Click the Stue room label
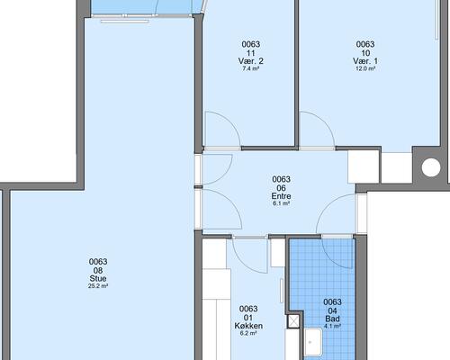point(98,278)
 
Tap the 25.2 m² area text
point(98,286)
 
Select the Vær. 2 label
point(251,61)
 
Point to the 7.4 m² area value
point(251,68)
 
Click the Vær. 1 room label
point(365,61)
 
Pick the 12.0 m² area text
point(365,68)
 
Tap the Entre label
point(281,196)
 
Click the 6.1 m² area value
point(281,203)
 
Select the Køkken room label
point(248,326)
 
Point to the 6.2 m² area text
point(248,333)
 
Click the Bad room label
point(332,319)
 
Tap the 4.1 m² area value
point(332,326)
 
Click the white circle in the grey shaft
point(431,167)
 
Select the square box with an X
point(293,321)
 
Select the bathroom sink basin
point(314,342)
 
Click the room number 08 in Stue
point(98,271)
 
